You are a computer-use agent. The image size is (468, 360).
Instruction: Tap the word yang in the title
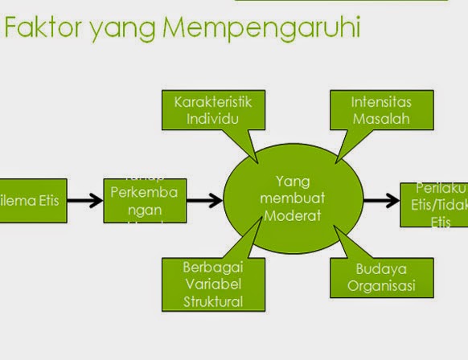121,29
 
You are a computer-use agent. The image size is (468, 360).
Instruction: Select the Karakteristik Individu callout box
212,111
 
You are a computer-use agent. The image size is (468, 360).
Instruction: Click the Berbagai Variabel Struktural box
202,283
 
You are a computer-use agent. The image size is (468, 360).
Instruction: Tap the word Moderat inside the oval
293,215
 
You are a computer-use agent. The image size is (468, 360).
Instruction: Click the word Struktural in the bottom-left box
202,301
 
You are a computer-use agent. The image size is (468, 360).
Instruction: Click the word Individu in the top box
212,119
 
